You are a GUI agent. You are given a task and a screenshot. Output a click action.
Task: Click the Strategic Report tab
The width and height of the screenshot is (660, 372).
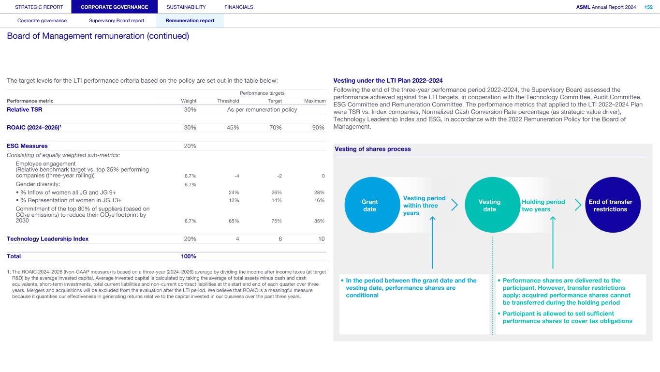pos(39,7)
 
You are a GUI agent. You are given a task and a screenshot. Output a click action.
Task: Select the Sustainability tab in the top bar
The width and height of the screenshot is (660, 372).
pos(186,7)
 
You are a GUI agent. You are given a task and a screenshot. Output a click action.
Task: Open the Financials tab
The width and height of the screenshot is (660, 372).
pos(239,7)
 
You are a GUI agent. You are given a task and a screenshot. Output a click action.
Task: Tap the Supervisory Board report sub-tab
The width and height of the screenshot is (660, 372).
pos(117,21)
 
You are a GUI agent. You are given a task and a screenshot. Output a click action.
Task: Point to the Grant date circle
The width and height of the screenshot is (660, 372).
pos(370,205)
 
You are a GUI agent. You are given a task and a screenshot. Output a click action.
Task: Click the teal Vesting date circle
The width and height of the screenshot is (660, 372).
pos(490,205)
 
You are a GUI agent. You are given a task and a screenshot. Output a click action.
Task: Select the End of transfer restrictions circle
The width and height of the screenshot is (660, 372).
pos(613,205)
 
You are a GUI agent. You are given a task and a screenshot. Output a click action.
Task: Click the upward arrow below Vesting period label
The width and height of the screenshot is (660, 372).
pos(432,242)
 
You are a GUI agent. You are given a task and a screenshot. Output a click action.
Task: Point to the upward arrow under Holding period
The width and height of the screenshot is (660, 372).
pos(553,242)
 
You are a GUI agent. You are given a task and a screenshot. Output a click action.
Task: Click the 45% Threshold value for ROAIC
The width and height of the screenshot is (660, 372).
pos(233,128)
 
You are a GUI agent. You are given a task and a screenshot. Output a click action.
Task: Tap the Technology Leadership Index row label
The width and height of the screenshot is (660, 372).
pos(47,239)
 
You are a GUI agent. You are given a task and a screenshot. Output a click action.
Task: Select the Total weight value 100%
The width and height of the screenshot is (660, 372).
pos(189,256)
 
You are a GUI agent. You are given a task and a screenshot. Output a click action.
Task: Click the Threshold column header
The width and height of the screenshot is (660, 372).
pos(228,101)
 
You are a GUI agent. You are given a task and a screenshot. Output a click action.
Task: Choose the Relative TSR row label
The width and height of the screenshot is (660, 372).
pos(24,110)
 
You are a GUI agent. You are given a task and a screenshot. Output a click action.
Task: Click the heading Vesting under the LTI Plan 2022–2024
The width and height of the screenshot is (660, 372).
pos(388,80)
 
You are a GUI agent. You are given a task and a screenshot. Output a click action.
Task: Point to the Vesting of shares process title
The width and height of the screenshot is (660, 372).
pos(373,149)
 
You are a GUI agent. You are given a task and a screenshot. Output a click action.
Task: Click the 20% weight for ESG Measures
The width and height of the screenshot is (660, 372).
pos(190,146)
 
